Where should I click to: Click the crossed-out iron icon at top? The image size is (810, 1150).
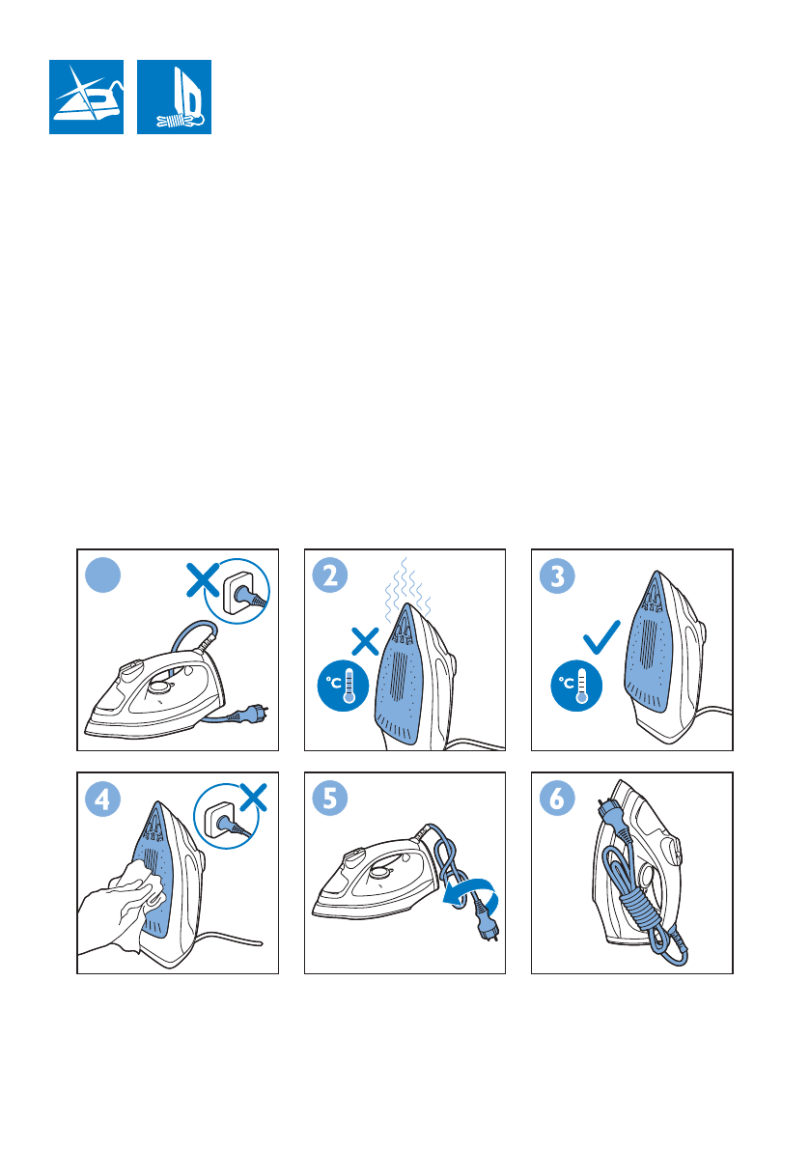click(x=87, y=97)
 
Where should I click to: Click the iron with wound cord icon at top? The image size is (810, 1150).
click(x=175, y=97)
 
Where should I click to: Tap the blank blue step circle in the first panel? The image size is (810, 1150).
click(x=102, y=575)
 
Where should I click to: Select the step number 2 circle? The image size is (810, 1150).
click(x=330, y=575)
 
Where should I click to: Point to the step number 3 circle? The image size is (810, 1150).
click(x=557, y=575)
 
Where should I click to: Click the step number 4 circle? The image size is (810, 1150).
click(x=102, y=799)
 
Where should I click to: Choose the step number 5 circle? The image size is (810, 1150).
click(x=330, y=799)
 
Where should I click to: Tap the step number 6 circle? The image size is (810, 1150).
click(x=557, y=799)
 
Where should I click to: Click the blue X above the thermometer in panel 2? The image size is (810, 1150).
click(x=365, y=641)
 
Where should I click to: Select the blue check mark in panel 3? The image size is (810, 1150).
click(x=601, y=636)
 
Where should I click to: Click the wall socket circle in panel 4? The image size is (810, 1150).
click(x=227, y=816)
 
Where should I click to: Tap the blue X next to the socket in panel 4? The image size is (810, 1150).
click(x=253, y=798)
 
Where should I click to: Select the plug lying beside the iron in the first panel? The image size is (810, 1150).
click(x=250, y=714)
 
